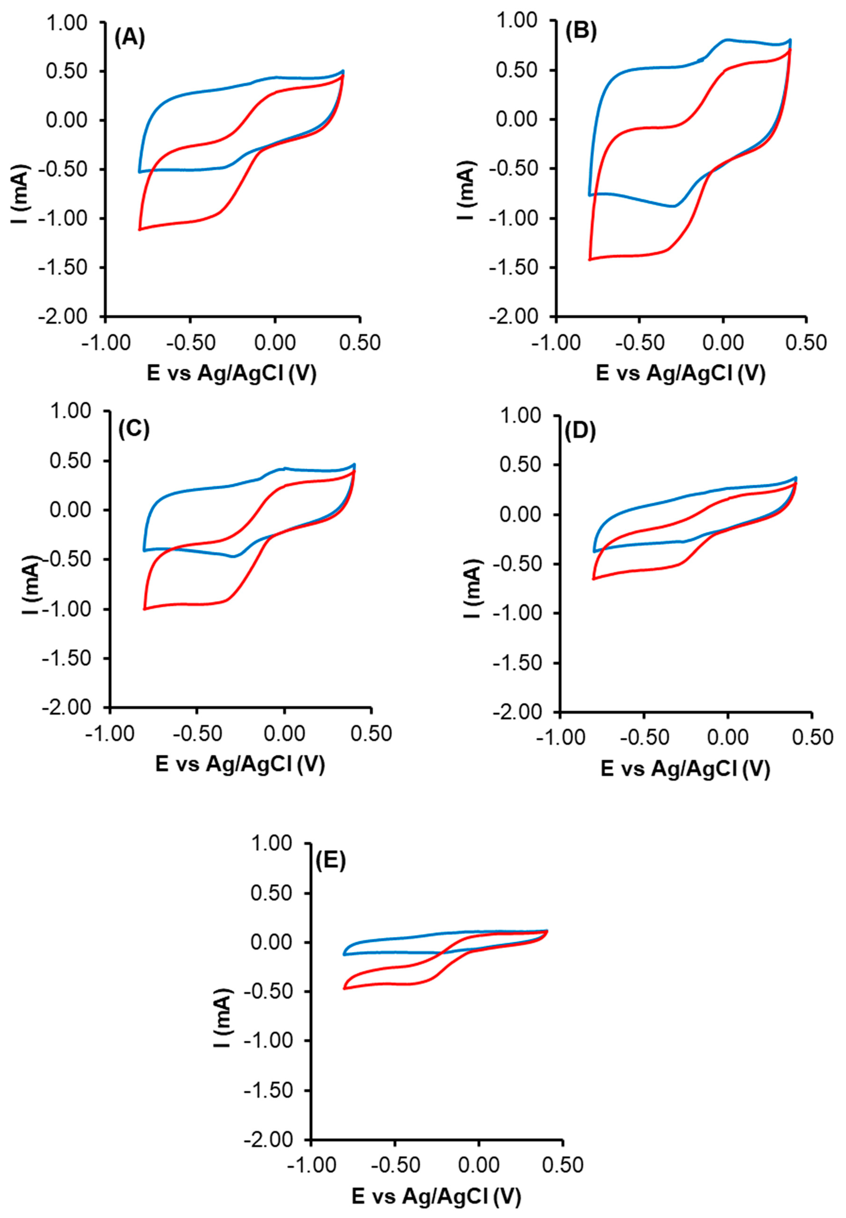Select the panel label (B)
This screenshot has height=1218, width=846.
[581, 32]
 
